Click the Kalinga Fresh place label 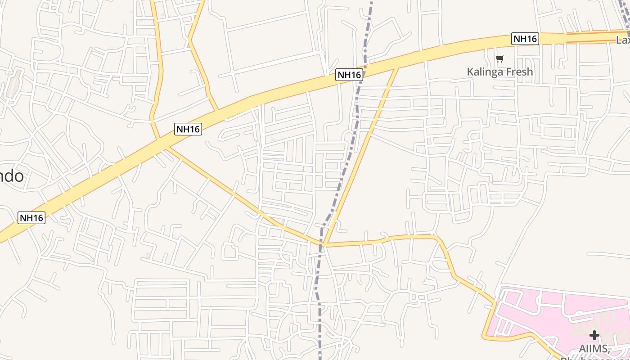pyautogui.click(x=499, y=72)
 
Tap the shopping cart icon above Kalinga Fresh pyautogui.click(x=499, y=58)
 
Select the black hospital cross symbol pyautogui.click(x=594, y=335)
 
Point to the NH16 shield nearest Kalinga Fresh pyautogui.click(x=525, y=39)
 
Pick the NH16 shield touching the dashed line pyautogui.click(x=349, y=75)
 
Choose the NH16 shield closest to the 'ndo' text pyautogui.click(x=31, y=218)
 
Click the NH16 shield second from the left pyautogui.click(x=188, y=129)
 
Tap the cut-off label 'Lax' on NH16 pyautogui.click(x=623, y=40)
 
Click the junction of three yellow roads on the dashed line pyautogui.click(x=323, y=244)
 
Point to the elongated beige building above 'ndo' pyautogui.click(x=14, y=83)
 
